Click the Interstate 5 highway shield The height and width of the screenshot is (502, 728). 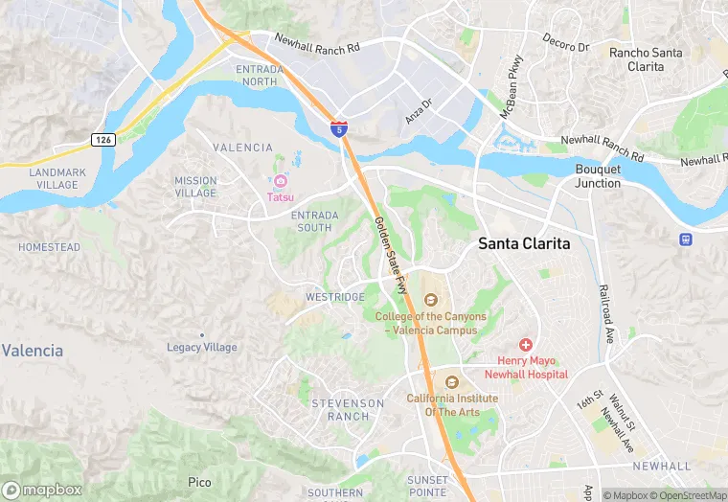(339, 128)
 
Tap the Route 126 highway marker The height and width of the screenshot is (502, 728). (103, 140)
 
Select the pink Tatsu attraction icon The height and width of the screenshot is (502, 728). (281, 181)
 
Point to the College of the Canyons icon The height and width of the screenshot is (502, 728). (430, 301)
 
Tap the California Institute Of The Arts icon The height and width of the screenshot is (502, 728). (452, 382)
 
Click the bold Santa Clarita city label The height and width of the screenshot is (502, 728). (524, 244)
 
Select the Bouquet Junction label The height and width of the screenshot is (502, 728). (598, 176)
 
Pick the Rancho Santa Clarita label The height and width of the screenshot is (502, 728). (647, 60)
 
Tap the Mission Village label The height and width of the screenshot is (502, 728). (195, 187)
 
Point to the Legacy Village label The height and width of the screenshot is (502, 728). (202, 347)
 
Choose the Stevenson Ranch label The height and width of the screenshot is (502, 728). (348, 410)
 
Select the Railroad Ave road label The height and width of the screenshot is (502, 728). (606, 313)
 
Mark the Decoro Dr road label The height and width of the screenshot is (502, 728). (565, 46)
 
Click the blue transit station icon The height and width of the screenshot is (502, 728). (686, 240)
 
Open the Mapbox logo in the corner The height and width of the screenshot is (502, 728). (42, 490)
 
